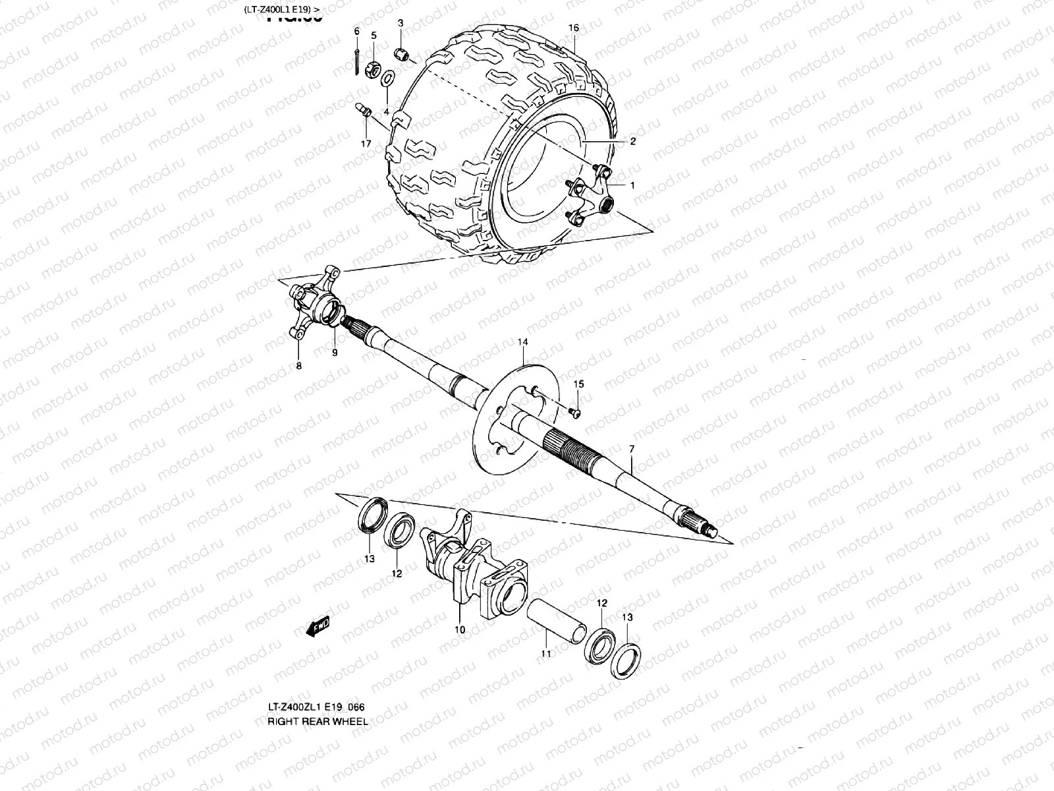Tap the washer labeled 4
click(x=389, y=78)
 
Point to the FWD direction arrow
click(x=318, y=628)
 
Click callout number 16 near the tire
click(x=573, y=28)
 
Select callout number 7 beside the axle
click(x=632, y=449)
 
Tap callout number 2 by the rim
click(x=632, y=141)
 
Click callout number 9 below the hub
click(x=335, y=353)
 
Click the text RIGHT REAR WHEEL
click(x=318, y=721)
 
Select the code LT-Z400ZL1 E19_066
click(x=316, y=707)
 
